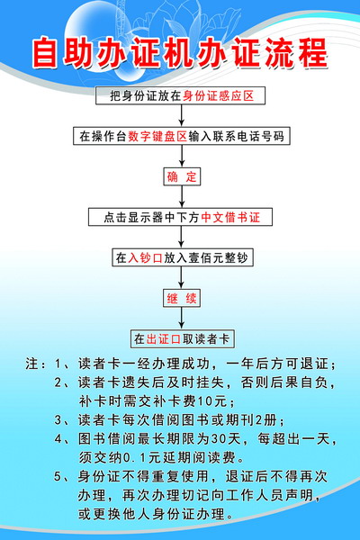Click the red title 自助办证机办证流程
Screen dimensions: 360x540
pos(180,53)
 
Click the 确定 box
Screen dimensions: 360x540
pos(182,177)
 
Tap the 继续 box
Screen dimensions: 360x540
pos(182,298)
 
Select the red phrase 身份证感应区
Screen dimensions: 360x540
pos(219,95)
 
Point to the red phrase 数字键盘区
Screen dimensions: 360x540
pos(157,137)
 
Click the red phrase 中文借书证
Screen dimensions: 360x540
pos(230,217)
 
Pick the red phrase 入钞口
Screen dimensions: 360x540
pos(145,257)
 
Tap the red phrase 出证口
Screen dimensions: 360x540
pos(164,339)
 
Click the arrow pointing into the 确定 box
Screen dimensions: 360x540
pos(182,156)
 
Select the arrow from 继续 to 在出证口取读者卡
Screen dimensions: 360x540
pos(182,319)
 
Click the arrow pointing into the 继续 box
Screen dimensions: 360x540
pos(182,277)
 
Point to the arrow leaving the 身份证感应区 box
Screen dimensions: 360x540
pos(182,115)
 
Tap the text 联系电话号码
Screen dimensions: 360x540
pos(248,137)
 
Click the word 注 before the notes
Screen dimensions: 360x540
pos(31,364)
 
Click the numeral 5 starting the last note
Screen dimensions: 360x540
pos(58,477)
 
